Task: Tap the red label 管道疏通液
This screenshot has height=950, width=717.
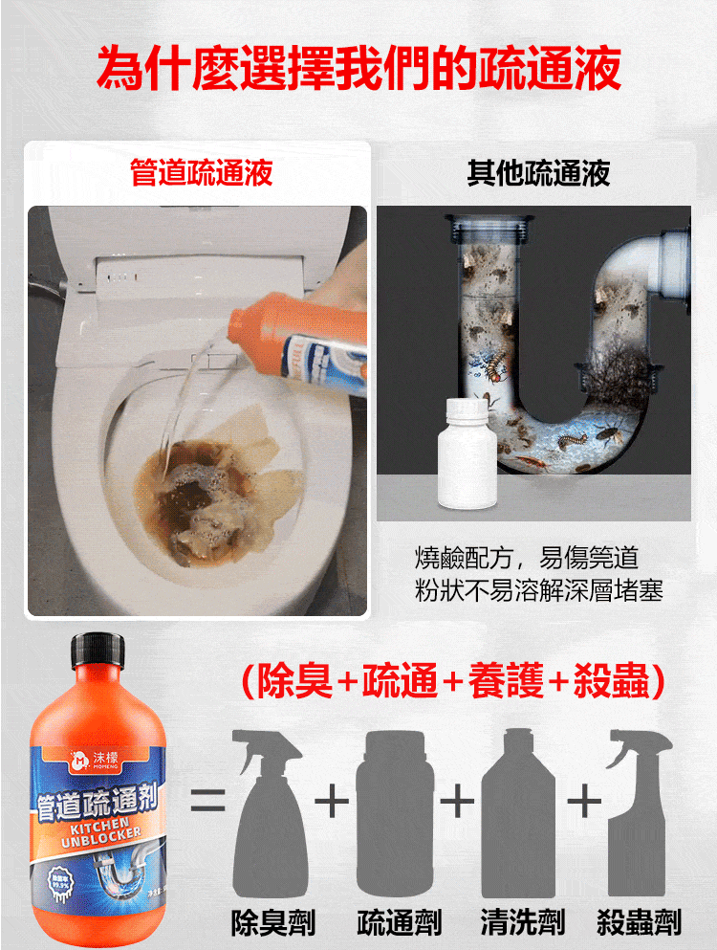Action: point(202,173)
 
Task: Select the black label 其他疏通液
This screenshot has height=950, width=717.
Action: point(538,173)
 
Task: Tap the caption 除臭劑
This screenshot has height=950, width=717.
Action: point(273,922)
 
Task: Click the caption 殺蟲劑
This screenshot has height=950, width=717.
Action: point(639,922)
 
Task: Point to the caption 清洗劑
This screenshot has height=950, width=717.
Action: point(522,922)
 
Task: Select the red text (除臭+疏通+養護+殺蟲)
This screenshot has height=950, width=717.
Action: point(454,682)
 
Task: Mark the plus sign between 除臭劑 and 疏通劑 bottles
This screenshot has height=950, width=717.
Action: point(332,802)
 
